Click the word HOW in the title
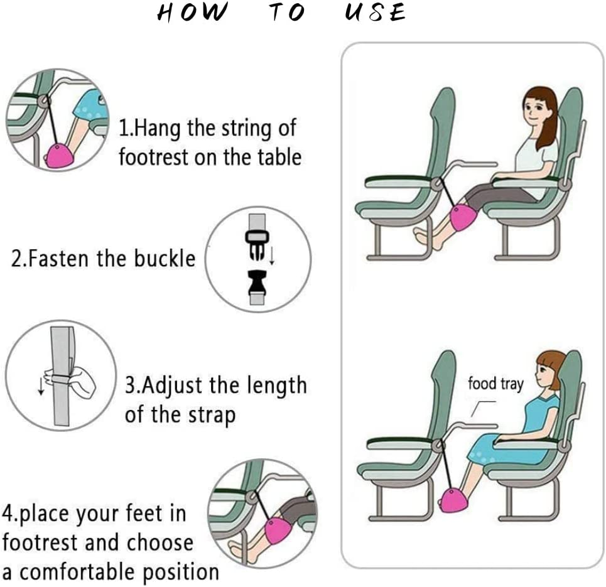point(190,13)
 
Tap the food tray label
point(495,384)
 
